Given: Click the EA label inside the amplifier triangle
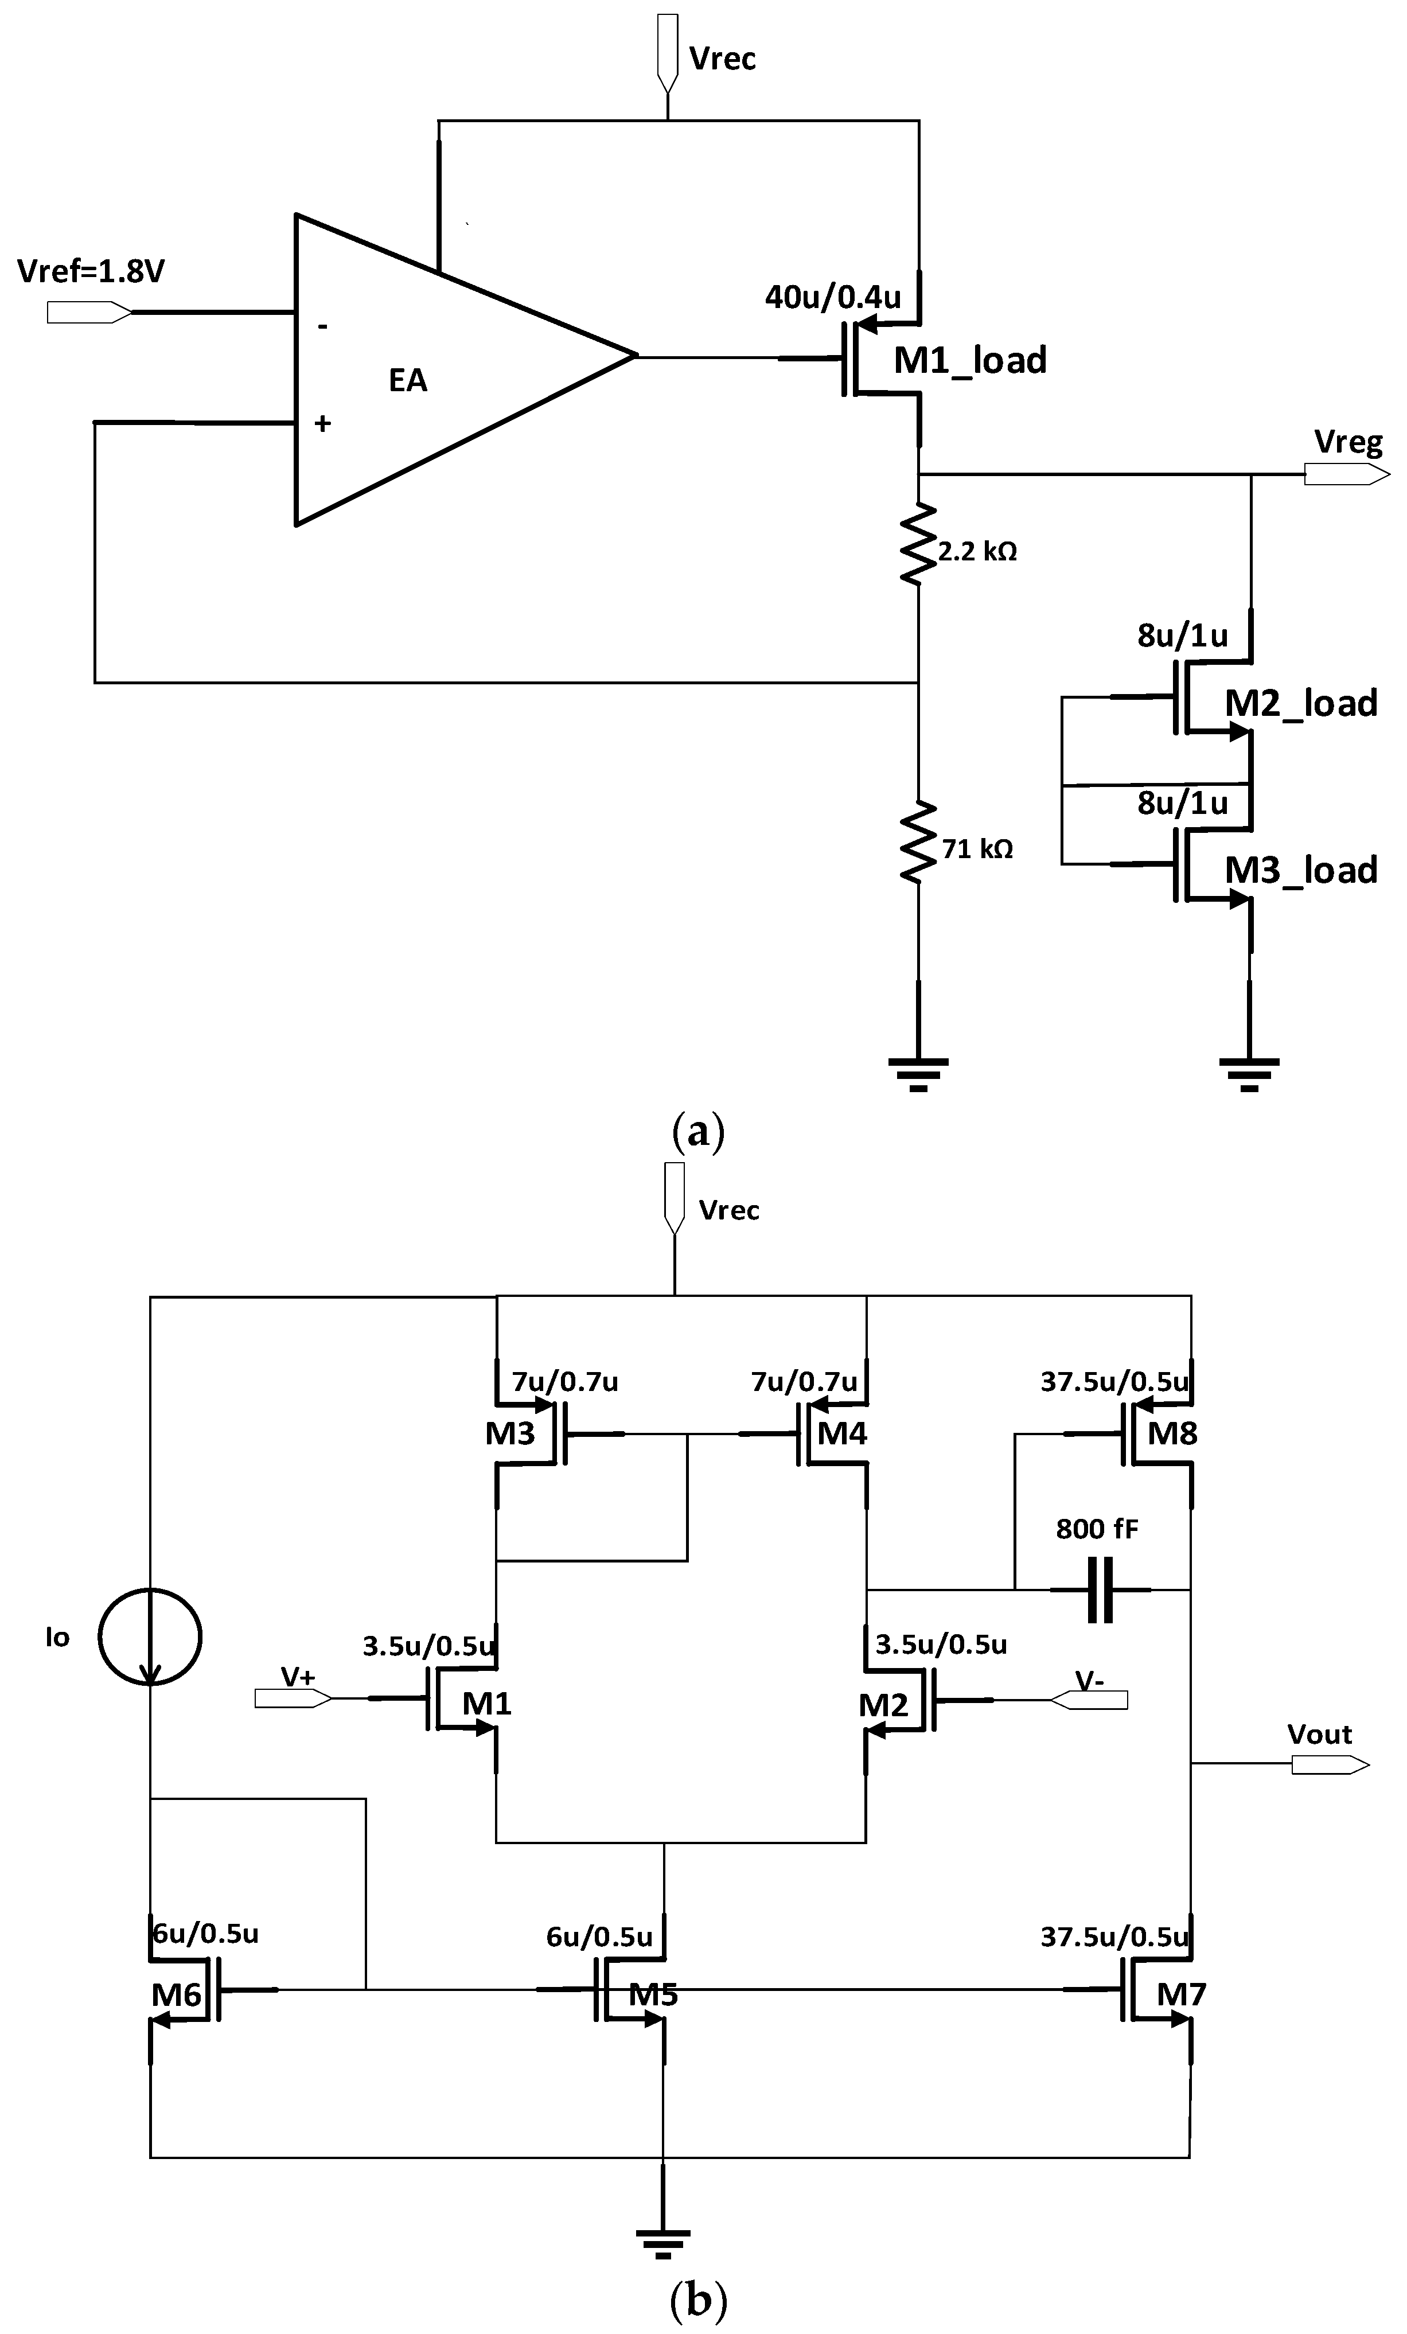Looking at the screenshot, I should point(407,381).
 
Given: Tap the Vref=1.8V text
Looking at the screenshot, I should point(91,272).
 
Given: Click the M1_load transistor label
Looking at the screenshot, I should point(969,361).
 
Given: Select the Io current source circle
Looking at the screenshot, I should point(151,1637).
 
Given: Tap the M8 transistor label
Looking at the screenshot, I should point(1172,1434).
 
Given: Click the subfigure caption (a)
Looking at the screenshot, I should point(698,1132).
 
